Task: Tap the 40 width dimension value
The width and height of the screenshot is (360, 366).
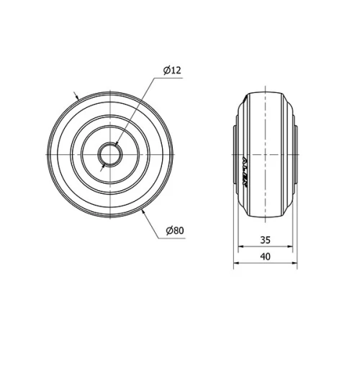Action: point(264,256)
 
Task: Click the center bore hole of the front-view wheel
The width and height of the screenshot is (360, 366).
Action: point(109,153)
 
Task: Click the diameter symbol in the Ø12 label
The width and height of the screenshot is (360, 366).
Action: point(166,70)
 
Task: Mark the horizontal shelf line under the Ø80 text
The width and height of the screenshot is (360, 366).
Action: point(174,237)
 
